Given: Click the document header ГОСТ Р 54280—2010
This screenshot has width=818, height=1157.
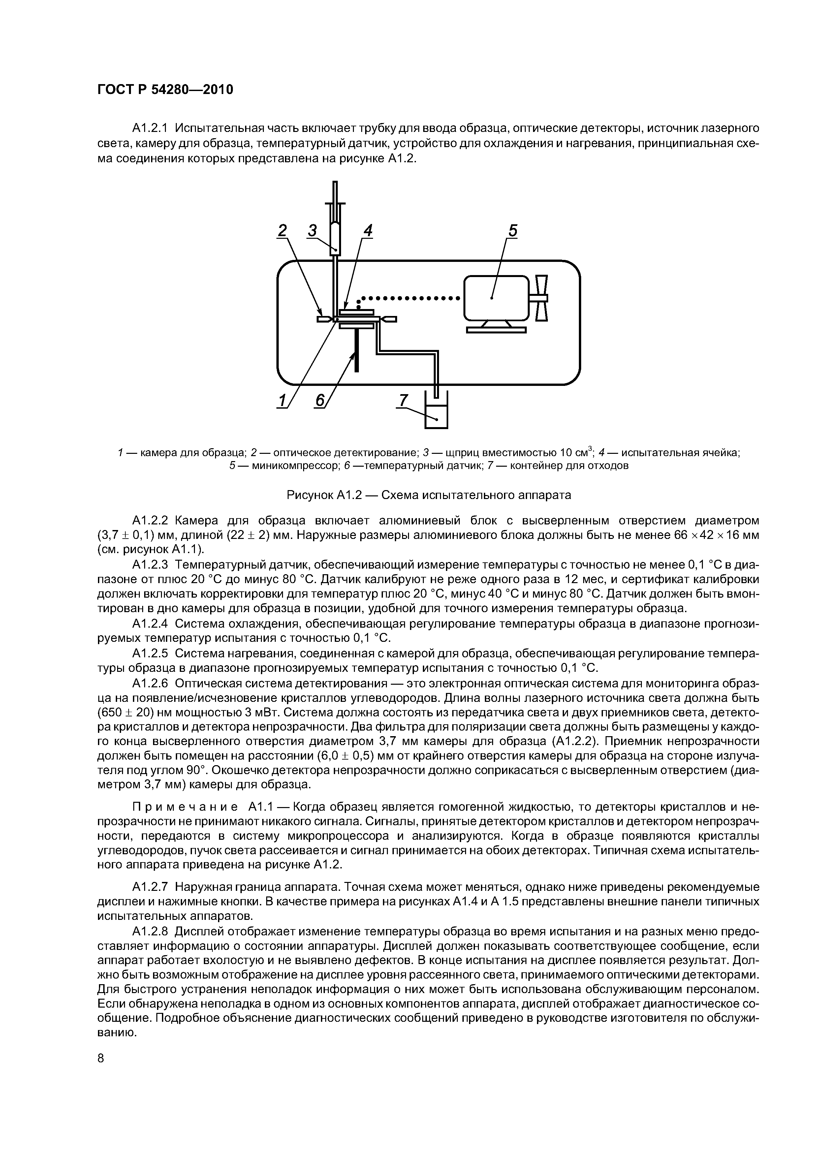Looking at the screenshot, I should [x=165, y=90].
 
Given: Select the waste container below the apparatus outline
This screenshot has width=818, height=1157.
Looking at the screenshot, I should [x=436, y=414].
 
